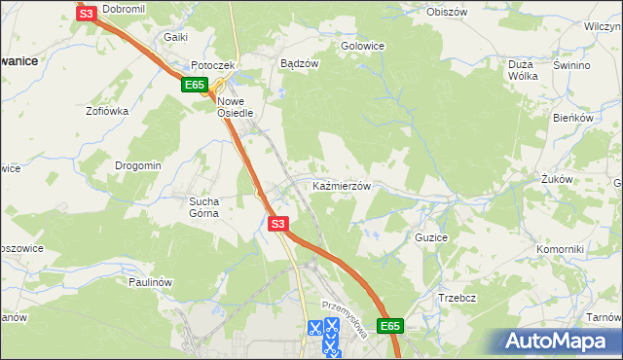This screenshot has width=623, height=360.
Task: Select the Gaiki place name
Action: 175,37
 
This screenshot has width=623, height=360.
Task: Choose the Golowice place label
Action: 362,46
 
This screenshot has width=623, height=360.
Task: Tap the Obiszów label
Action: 448,13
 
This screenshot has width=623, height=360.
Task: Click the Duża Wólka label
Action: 523,70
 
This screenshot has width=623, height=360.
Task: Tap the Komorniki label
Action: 560,249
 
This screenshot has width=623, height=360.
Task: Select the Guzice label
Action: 430,237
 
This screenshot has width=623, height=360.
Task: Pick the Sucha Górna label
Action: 204,207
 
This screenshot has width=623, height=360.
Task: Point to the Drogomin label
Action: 137,165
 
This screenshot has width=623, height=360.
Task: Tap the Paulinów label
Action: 150,282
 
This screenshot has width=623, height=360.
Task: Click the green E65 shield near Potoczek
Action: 193,86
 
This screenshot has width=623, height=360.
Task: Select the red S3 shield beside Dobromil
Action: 86,14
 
